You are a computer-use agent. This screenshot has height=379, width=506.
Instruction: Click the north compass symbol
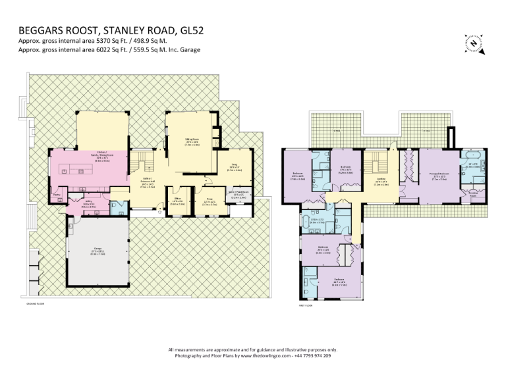pos(474,42)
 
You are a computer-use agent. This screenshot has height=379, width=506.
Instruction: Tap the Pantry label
pos(57,194)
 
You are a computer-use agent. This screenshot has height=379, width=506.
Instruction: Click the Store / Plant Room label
pos(238,193)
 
